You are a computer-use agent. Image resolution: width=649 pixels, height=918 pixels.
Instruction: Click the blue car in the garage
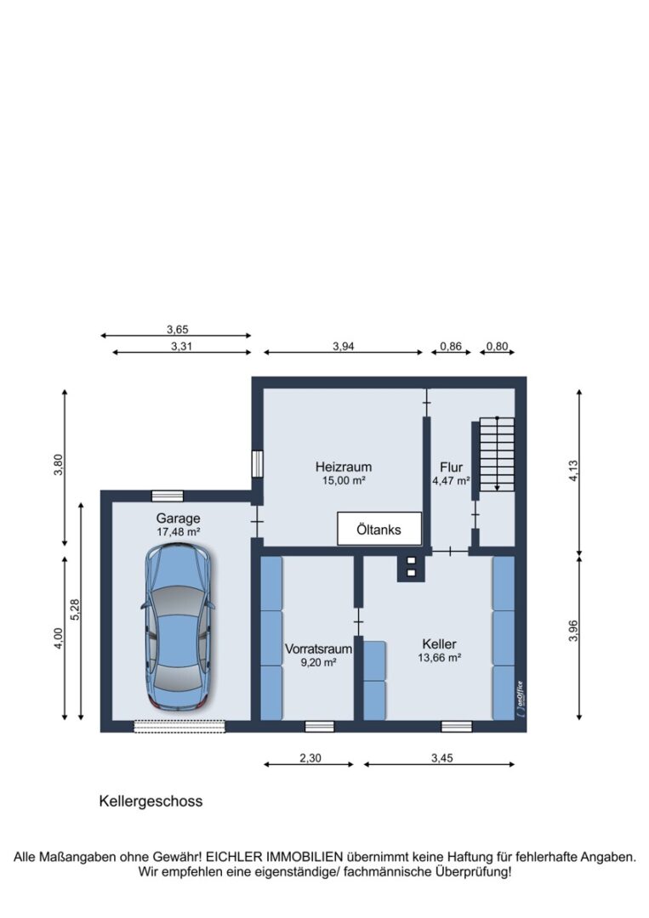click(178, 627)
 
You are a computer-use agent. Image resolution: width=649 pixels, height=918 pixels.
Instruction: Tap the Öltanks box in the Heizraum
click(379, 529)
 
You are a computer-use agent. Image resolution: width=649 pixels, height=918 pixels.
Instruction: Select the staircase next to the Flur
click(497, 454)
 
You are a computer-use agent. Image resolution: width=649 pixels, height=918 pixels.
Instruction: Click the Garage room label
click(178, 518)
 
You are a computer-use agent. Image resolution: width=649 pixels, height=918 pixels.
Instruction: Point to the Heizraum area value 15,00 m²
click(344, 480)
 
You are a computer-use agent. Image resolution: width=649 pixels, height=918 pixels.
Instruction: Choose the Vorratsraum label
click(319, 649)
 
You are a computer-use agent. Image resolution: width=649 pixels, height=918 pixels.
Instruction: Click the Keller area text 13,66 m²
click(439, 657)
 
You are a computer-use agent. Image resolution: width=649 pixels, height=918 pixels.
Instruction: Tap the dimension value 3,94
click(344, 346)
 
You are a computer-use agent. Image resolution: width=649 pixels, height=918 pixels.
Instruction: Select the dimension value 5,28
click(75, 610)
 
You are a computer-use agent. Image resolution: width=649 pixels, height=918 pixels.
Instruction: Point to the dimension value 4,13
click(573, 471)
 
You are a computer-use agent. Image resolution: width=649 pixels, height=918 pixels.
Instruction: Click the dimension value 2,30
click(310, 757)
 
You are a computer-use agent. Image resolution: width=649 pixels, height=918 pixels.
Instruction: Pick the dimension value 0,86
click(451, 346)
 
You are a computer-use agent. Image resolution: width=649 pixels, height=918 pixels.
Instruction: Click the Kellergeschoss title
click(151, 801)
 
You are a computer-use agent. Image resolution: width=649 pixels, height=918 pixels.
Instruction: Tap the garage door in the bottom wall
click(179, 726)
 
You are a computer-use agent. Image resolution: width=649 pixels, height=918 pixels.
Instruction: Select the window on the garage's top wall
click(168, 496)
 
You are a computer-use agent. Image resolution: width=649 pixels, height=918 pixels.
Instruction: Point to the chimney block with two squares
click(411, 567)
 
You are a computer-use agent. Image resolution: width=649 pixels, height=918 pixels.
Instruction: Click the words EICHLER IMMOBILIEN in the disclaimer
click(274, 857)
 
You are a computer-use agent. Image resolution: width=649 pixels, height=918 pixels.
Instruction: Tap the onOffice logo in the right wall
click(521, 698)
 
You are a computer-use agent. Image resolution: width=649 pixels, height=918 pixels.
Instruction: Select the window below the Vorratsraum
click(320, 727)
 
